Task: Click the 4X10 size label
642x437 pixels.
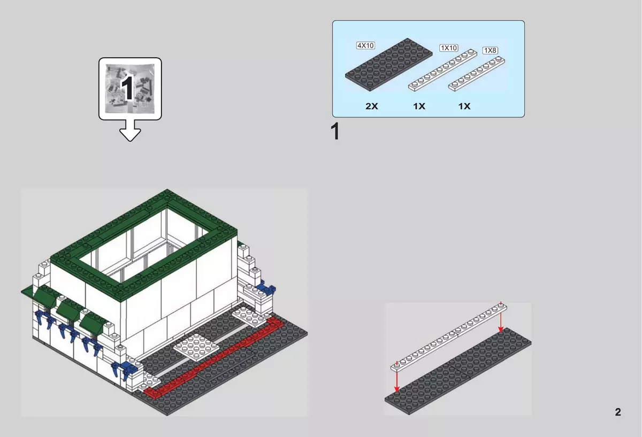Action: (365, 45)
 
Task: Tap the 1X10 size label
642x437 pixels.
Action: (448, 48)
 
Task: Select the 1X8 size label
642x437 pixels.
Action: (490, 50)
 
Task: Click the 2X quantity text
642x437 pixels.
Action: (372, 106)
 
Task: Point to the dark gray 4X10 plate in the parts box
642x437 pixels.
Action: (388, 65)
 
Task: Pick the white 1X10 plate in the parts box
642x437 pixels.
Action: (442, 70)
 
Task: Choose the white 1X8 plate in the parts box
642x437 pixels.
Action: (477, 74)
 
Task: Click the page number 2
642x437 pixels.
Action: (618, 412)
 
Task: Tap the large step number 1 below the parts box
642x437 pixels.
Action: (335, 131)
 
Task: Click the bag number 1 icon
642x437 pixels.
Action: (130, 89)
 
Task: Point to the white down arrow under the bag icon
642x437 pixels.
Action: (130, 131)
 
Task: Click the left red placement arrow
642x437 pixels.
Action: (396, 377)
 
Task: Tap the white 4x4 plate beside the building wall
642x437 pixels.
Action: (196, 347)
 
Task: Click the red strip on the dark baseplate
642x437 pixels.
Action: (213, 358)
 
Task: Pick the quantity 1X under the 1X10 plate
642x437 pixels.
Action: (419, 106)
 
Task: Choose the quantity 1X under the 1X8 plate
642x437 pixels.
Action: (464, 106)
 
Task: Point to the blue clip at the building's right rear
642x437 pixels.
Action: (266, 289)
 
